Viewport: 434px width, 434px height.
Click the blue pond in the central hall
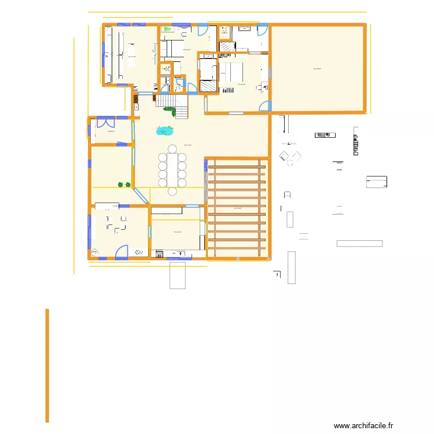click(164, 131)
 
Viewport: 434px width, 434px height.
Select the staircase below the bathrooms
click(173, 105)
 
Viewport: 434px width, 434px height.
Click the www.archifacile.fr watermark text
click(363, 425)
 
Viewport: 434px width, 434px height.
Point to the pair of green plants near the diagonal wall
click(124, 185)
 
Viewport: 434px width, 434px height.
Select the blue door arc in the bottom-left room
click(122, 252)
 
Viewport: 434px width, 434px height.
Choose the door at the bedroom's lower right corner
click(264, 106)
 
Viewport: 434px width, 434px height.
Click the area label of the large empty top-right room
click(317, 69)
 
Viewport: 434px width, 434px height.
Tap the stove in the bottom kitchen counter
click(159, 253)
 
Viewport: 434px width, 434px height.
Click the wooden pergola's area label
click(237, 208)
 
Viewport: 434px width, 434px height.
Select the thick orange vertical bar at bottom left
click(47, 365)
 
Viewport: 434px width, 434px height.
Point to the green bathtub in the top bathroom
click(168, 28)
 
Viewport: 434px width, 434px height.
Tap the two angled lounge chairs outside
click(290, 156)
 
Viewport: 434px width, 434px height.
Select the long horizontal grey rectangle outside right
click(359, 244)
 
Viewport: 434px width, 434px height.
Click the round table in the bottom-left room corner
click(95, 253)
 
